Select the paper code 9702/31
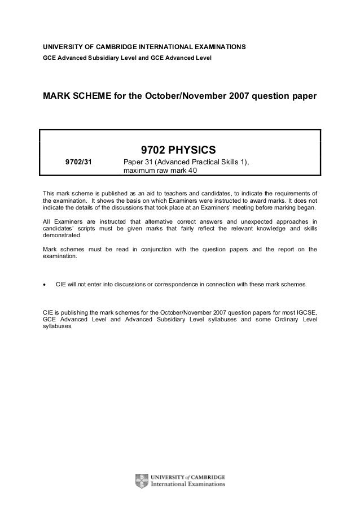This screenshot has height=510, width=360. coord(78,162)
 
